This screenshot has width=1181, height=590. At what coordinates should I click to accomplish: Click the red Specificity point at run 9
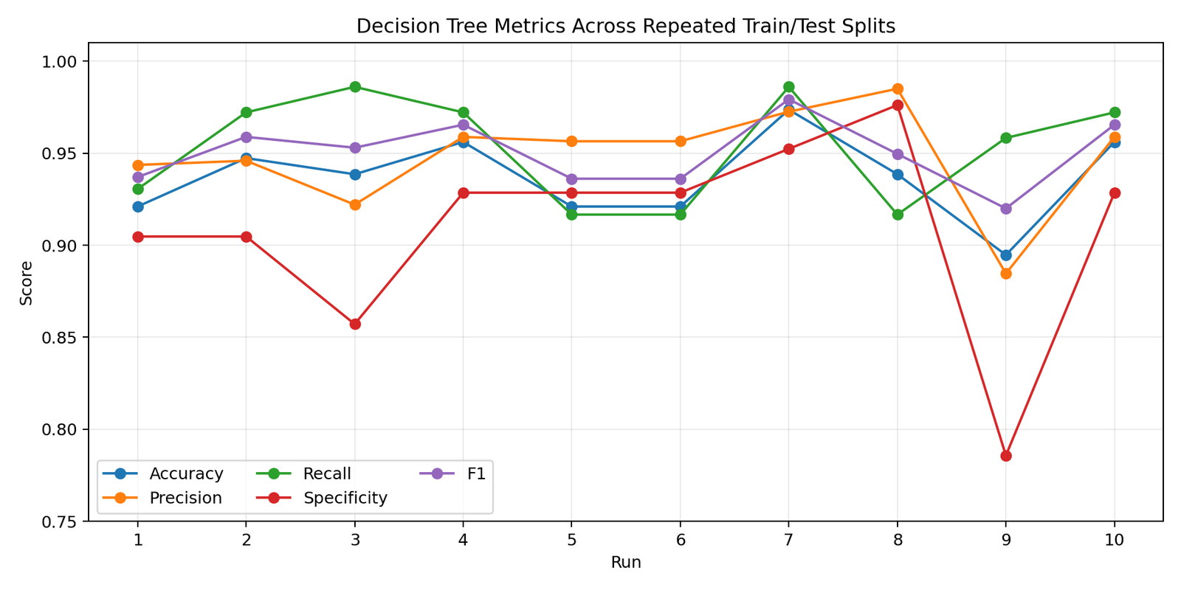click(1006, 456)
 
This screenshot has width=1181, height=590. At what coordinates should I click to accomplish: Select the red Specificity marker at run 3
click(355, 324)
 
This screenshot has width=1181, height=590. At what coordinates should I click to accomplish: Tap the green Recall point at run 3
click(355, 87)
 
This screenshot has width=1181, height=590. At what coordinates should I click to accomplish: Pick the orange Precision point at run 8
click(898, 89)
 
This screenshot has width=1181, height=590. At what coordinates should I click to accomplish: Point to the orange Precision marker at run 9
click(1006, 274)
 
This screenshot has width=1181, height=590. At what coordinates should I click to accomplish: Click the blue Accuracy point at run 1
click(138, 206)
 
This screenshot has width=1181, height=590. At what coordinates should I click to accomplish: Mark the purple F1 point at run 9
click(1006, 209)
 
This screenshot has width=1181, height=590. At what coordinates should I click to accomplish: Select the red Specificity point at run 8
click(898, 105)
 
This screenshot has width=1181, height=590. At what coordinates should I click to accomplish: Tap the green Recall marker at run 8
click(898, 215)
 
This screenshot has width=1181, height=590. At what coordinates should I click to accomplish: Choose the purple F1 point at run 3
click(355, 147)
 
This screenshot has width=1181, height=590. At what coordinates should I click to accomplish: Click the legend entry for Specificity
click(345, 498)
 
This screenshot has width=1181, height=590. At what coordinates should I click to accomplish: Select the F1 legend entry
click(476, 473)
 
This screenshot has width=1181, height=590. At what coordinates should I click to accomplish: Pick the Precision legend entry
click(185, 498)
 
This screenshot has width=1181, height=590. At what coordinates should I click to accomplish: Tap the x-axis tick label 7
click(788, 540)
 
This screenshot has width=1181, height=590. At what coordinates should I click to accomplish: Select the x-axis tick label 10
click(1114, 540)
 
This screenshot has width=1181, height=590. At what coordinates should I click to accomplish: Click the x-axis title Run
click(626, 563)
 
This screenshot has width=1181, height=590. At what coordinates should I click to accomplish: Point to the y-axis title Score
click(27, 282)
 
